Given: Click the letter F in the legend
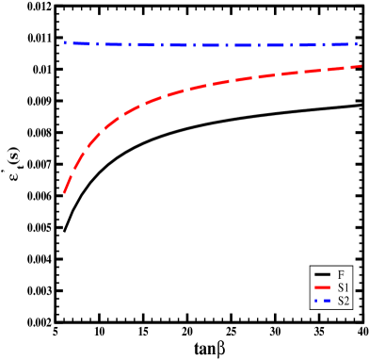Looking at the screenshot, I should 341,274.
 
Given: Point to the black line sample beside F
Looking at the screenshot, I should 323,274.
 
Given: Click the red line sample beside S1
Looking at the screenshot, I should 323,287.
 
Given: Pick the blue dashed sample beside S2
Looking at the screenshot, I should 323,302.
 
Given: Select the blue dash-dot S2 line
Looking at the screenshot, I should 207,44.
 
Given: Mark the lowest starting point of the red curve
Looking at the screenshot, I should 64,193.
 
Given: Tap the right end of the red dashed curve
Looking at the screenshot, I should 362,66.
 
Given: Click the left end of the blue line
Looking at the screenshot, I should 64,42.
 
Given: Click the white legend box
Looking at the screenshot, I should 332,287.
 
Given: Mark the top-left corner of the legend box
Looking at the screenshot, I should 311,267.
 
